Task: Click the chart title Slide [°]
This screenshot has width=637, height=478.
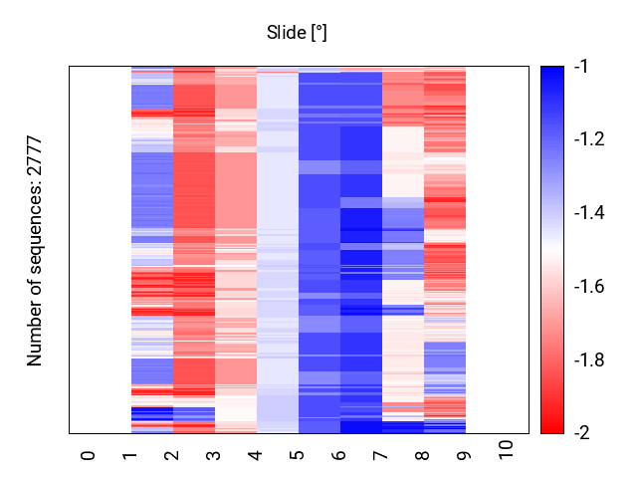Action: pos(297,33)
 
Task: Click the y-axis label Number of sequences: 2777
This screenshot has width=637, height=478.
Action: pos(36,250)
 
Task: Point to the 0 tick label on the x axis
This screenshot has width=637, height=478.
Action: pos(89,455)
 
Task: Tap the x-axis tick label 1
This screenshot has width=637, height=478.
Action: pos(130,455)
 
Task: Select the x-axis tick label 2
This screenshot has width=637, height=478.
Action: pos(172,455)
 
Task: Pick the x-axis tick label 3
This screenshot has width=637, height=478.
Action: pos(214,455)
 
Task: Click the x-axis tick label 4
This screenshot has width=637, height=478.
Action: pos(256,455)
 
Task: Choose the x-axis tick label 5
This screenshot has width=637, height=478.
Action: pos(298,455)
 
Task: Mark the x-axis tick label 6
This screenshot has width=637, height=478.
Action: pos(339,455)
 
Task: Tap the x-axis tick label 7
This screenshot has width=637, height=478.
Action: pos(381,455)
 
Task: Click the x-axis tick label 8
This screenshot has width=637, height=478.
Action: pos(423,455)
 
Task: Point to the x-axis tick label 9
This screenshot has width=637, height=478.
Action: pos(465,455)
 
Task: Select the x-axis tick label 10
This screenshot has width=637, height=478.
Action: pos(507,451)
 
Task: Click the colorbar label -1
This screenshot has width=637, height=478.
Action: pos(581,67)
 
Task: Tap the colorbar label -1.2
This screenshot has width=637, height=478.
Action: pos(588,139)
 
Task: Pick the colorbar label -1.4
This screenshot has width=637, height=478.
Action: pos(588,213)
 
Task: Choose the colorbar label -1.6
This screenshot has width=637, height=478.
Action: pos(588,287)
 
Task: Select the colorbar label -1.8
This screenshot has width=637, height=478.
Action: pos(588,359)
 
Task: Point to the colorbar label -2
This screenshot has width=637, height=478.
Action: pos(581,433)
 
